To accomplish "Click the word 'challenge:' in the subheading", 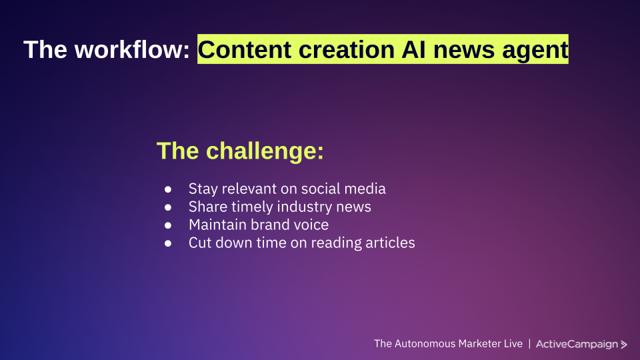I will coord(265,151).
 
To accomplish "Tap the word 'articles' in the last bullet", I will coord(389,243).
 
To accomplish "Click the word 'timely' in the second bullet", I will coord(253,207).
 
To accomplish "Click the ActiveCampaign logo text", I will coord(577,344).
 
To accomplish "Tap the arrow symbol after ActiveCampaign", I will coord(624,345).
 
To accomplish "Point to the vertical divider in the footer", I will coord(529,344).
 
